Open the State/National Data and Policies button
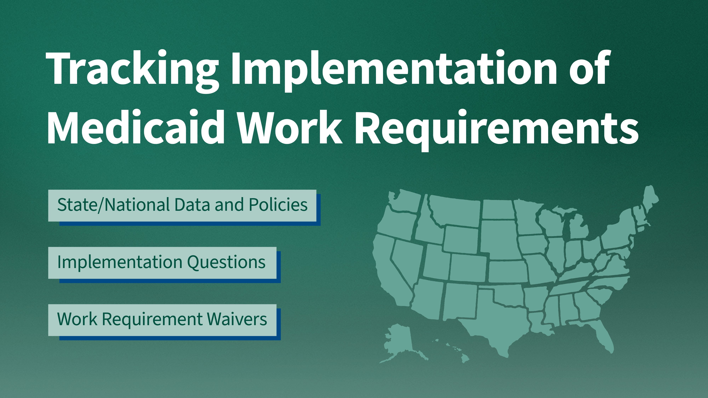click(182, 205)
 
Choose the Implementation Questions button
click(162, 263)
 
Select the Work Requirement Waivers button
click(162, 320)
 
